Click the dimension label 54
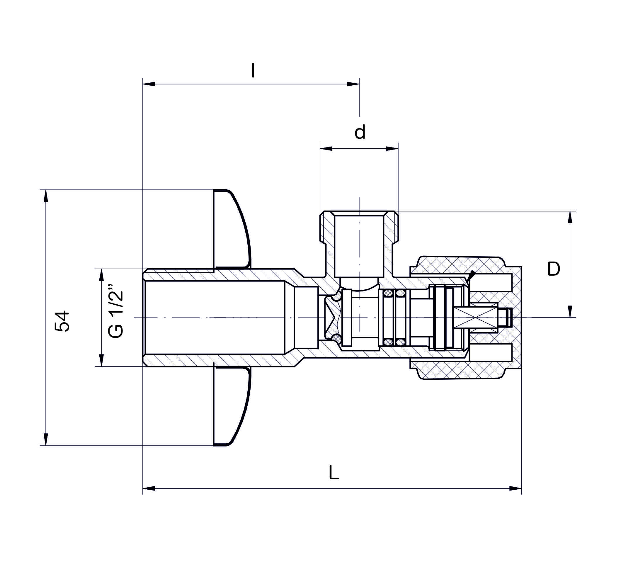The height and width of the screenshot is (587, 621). [x=62, y=321]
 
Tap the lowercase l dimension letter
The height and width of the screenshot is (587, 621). [x=253, y=71]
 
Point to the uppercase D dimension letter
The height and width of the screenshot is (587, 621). [x=554, y=269]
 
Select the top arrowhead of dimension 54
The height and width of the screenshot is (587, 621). [x=46, y=196]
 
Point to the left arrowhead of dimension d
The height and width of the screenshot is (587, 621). [x=326, y=149]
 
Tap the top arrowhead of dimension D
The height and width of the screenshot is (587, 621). [x=570, y=218]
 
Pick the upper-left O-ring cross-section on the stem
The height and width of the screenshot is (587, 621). [x=388, y=293]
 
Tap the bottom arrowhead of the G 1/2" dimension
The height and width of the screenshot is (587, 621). [x=101, y=360]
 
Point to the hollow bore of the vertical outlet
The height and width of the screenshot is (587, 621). [x=359, y=246]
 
